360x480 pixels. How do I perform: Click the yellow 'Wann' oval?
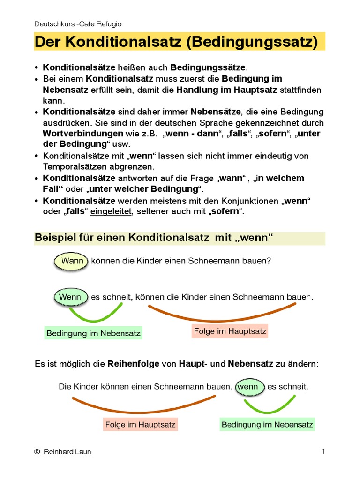[71, 261]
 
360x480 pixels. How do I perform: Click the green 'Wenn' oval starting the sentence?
[71, 297]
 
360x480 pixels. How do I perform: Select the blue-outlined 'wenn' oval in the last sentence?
[248, 387]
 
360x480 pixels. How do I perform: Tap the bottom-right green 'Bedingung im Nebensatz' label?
[267, 425]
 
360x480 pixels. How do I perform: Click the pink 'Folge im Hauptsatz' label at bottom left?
[140, 425]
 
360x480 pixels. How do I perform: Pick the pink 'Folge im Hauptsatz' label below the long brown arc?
[230, 331]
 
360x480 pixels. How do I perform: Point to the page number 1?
[323, 451]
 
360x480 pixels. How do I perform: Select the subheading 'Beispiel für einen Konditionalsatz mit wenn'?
[154, 238]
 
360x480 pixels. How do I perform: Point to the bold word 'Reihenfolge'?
[133, 364]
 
